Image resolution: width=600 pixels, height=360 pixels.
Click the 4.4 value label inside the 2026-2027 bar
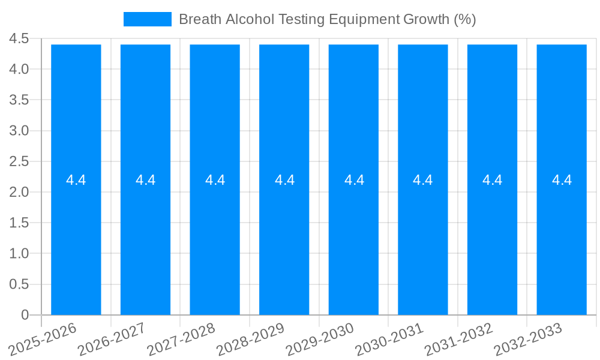146,180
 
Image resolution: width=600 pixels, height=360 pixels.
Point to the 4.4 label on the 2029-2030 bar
354,180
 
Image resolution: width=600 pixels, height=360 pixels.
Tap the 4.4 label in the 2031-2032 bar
493,180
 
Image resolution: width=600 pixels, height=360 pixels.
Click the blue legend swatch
147,19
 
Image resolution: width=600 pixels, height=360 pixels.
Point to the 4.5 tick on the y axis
19,39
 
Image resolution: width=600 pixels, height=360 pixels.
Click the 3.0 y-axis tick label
19,131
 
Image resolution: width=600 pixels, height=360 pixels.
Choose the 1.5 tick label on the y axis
19,223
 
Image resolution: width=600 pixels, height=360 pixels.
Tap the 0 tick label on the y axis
25,315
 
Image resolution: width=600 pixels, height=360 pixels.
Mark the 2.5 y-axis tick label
19,161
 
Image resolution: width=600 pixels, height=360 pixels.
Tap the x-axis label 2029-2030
320,339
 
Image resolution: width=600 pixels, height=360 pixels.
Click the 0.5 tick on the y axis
19,284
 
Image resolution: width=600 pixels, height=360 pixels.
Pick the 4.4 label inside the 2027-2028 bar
215,180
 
